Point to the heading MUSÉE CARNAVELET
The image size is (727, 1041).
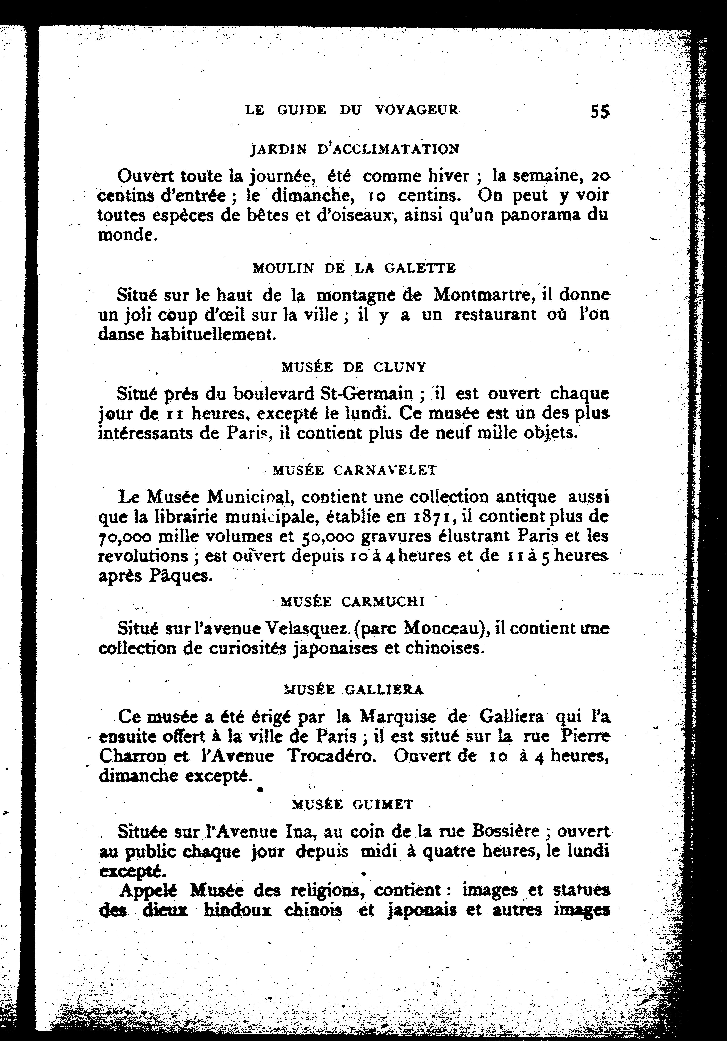point(355,470)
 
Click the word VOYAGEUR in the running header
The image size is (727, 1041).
point(417,110)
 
